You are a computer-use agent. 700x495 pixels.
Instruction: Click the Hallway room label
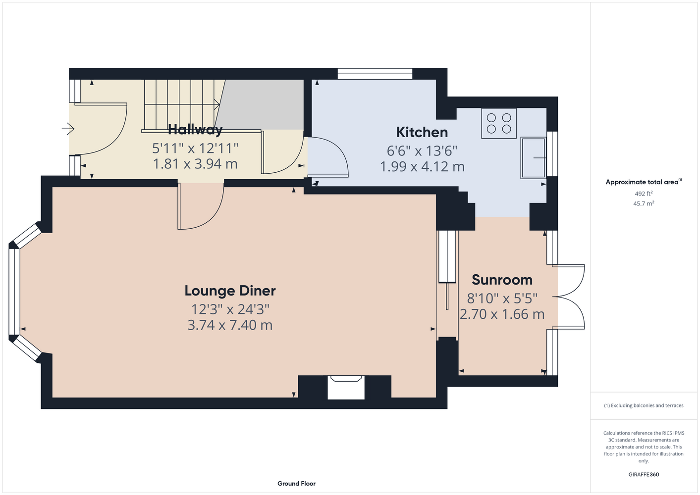195,130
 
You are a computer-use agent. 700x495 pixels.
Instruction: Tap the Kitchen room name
422,133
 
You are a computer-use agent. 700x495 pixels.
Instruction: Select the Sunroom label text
502,280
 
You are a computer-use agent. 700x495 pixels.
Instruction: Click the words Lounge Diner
230,291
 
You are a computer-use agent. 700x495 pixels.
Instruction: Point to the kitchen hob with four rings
499,123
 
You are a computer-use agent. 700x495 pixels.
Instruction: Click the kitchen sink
533,158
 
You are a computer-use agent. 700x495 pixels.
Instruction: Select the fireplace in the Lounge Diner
346,387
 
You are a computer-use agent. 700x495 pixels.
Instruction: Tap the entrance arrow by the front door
68,129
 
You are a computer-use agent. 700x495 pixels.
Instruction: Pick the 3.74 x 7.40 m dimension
230,325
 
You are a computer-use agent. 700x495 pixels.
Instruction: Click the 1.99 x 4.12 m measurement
422,166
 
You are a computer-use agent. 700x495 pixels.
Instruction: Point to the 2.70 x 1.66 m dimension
502,314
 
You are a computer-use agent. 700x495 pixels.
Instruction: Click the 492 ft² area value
644,194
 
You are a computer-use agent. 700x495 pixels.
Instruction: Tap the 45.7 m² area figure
644,203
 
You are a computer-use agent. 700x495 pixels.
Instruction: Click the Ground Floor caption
296,484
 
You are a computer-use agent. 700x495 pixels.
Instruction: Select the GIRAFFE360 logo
644,474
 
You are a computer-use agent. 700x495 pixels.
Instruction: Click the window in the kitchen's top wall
375,74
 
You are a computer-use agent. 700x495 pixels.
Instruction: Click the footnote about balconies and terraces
644,405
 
